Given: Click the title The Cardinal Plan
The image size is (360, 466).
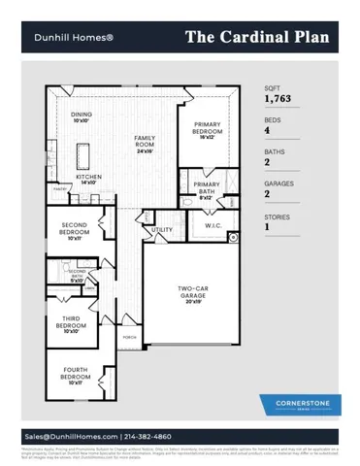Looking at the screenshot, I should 257,37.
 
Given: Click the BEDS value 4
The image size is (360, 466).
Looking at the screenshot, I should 268,131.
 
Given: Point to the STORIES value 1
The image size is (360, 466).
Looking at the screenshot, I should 267,227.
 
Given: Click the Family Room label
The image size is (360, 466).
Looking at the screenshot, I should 145,142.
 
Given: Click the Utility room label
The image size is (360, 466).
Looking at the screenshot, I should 162,230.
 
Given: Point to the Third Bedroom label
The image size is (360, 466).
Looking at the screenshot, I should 71,321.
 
